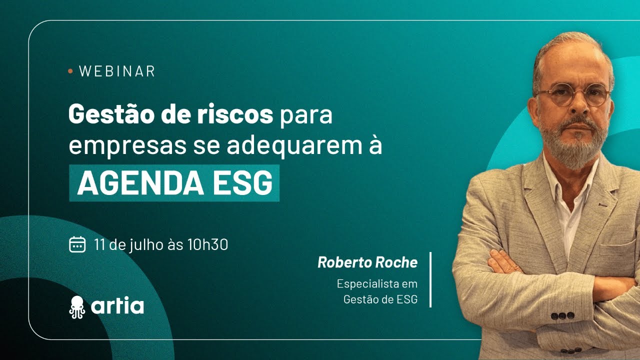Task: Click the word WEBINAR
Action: [117, 71]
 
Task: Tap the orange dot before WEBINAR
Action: [70, 71]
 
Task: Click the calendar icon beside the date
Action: [77, 244]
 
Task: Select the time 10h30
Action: [207, 244]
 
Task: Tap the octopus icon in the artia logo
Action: [77, 306]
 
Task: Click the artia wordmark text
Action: [118, 305]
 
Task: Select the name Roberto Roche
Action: [367, 262]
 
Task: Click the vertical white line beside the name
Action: [430, 279]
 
